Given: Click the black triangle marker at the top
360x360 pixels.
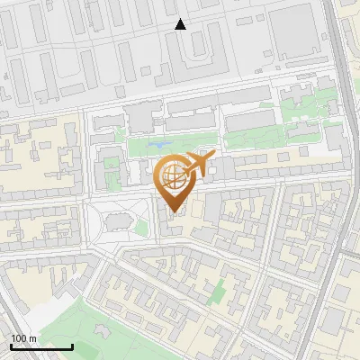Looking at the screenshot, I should (181, 24).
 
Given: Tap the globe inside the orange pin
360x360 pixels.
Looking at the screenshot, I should (174, 178).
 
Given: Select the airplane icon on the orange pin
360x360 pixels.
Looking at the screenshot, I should (197, 165).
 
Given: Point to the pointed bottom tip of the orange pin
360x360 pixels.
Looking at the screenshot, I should (174, 212).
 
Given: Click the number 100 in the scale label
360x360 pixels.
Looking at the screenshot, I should (19, 338).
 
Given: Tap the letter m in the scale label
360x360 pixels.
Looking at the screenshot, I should (32, 338).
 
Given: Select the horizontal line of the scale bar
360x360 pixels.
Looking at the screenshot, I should (40, 346).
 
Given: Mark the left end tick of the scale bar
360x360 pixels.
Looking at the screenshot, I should (10, 346).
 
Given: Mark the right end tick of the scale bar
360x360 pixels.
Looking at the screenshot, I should (72, 346).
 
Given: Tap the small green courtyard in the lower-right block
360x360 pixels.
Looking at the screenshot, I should (216, 290).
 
